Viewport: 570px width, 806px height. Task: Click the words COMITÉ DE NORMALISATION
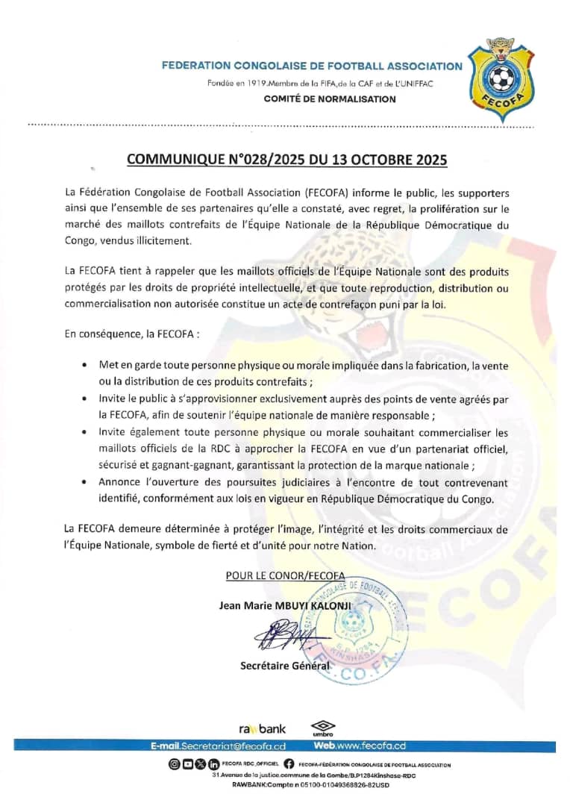[x=330, y=99]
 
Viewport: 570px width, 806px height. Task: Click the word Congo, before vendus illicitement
[x=80, y=240]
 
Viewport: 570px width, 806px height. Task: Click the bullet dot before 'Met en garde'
[x=83, y=364]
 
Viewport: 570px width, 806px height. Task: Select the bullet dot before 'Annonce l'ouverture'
[x=83, y=482]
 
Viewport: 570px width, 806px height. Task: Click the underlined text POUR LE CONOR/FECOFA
[x=285, y=575]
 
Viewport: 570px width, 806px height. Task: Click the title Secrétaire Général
[x=284, y=666]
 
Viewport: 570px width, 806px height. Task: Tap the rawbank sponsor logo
[x=262, y=728]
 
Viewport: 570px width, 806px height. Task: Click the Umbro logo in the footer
[x=323, y=728]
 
